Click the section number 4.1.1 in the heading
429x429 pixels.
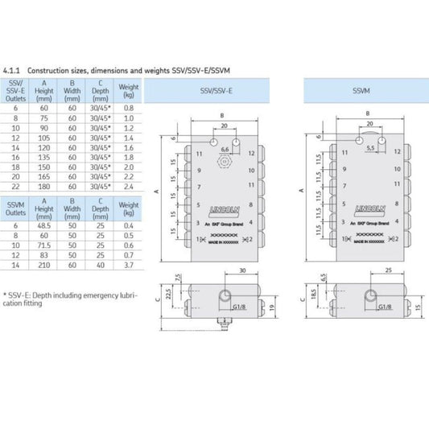click(x=12, y=71)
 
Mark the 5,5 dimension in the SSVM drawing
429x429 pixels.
click(x=369, y=149)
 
